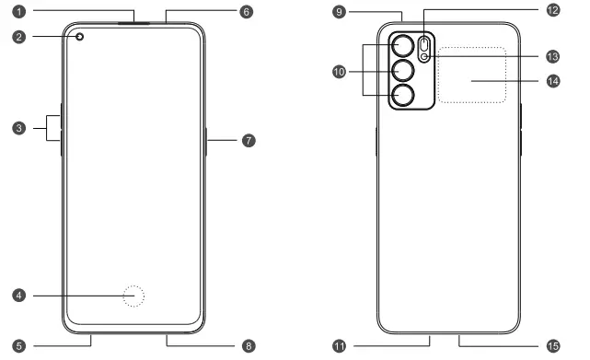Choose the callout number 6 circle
point(246,13)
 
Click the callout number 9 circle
point(340,13)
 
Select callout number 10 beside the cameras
point(340,71)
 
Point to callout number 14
point(552,81)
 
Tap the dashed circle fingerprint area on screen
point(135,296)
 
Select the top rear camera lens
point(402,46)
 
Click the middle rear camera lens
point(402,71)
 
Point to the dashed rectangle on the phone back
point(471,75)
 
